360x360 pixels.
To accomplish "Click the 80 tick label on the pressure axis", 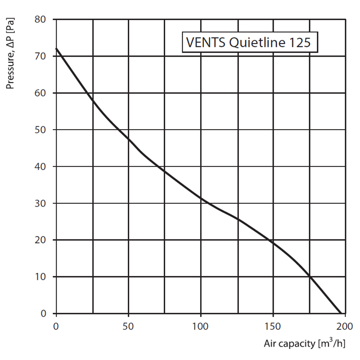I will [41, 20].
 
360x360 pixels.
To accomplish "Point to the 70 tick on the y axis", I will [41, 57].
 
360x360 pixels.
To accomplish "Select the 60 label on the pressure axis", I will [41, 93].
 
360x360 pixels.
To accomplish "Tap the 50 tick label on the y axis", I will [41, 130].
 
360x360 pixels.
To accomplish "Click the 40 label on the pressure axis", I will [41, 167].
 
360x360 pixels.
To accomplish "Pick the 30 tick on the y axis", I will [41, 203].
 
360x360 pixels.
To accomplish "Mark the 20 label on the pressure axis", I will [41, 240].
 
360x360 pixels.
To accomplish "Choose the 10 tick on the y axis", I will [41, 277].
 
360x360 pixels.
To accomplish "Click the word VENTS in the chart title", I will [201, 44].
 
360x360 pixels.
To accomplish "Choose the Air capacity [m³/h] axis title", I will [305, 344].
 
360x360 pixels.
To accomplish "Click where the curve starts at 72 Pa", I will [56, 49].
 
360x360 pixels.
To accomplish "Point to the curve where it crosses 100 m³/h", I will [201, 198].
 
